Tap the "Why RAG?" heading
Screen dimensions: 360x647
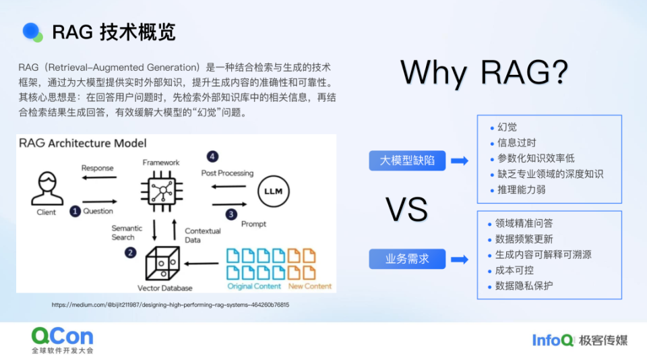coord(484,73)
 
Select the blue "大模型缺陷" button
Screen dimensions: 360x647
coord(406,160)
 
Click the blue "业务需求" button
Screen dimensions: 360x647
coord(406,259)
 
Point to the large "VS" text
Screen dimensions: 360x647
coord(406,210)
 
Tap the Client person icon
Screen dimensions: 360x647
coord(46,188)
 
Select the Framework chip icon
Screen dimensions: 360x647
coord(161,191)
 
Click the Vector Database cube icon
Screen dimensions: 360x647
coord(161,262)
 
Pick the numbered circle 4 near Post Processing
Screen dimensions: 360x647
coord(213,156)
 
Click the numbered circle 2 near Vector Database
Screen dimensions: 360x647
coord(130,253)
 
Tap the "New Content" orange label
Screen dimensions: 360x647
coord(310,286)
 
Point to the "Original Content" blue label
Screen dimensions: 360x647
coord(253,286)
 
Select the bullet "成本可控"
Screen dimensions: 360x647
coord(516,270)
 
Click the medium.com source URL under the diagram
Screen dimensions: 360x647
coord(171,305)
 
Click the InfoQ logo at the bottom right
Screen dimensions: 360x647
coord(553,340)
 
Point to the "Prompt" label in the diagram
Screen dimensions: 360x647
coord(253,224)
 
